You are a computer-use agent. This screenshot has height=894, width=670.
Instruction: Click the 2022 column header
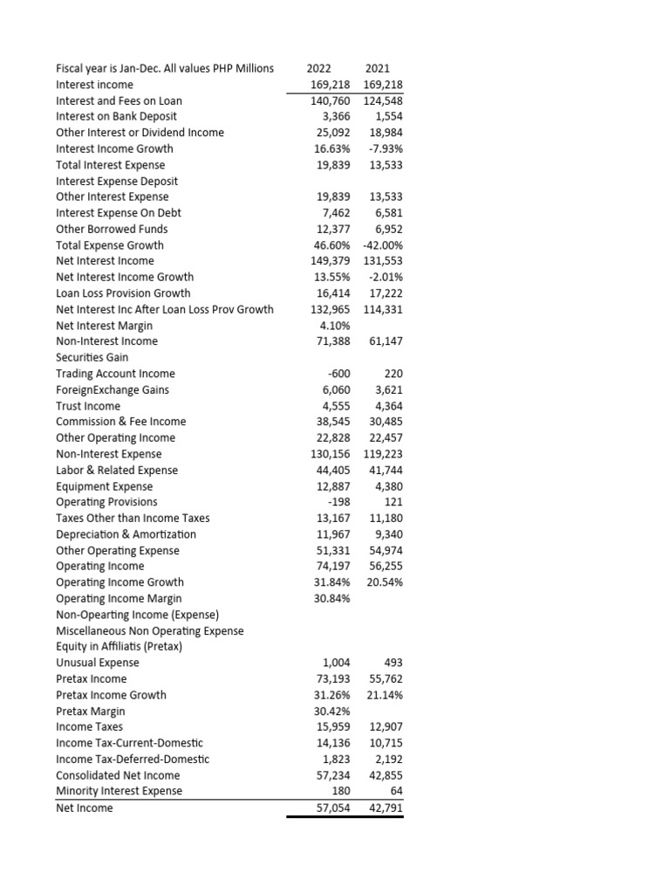click(x=320, y=68)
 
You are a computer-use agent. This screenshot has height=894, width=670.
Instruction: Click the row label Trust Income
click(x=88, y=406)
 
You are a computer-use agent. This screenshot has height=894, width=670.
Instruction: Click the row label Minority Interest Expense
click(x=119, y=791)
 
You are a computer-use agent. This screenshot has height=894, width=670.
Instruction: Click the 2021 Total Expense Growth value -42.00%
click(x=381, y=244)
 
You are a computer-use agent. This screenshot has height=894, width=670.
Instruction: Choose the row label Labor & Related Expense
click(x=116, y=470)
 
